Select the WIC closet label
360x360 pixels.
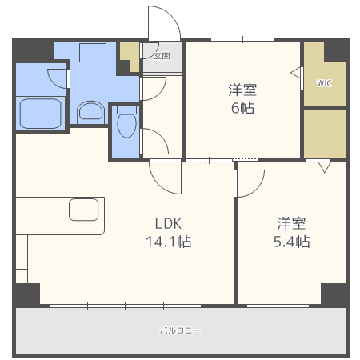324,82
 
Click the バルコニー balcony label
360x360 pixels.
180,330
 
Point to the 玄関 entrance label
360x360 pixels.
162,56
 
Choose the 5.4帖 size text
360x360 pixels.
293,241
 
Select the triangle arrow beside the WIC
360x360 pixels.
298,73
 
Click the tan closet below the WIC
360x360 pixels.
324,132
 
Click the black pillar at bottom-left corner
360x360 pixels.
26,294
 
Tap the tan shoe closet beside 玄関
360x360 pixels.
129,55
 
